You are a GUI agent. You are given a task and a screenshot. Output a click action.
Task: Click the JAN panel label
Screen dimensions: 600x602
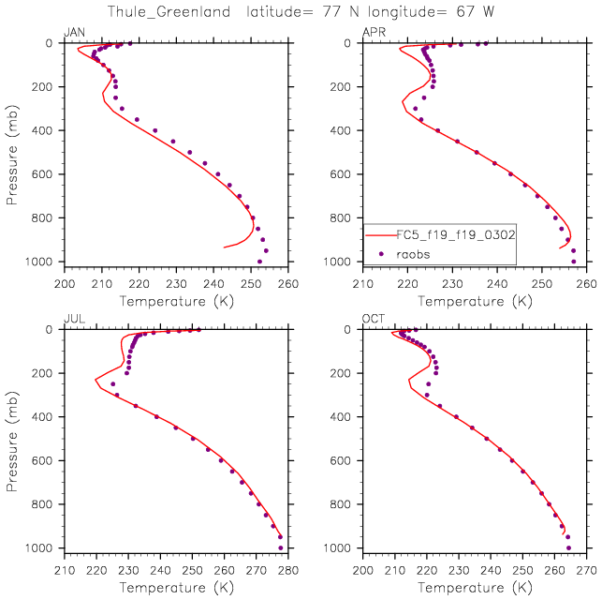(x=73, y=33)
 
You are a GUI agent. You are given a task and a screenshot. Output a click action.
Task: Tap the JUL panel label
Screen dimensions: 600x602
(x=73, y=320)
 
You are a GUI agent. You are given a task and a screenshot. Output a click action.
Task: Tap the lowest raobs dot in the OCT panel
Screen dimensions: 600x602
(x=568, y=547)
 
